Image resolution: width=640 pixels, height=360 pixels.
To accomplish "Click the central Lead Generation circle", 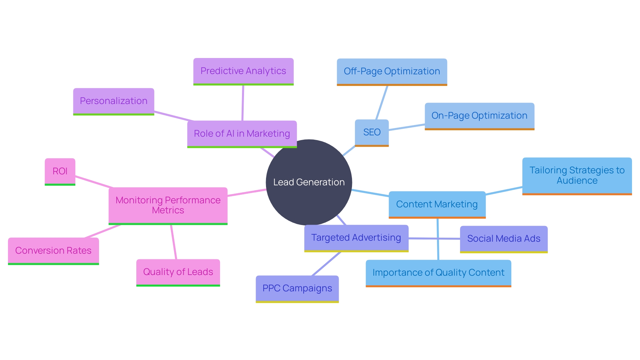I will coord(309,182).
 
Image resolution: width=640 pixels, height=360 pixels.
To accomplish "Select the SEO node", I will coord(372,132).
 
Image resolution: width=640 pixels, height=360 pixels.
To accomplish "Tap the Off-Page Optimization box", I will coord(392,71).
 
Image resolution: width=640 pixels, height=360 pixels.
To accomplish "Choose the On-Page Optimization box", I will coord(479,116).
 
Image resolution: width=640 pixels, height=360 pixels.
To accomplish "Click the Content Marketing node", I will coord(437,204).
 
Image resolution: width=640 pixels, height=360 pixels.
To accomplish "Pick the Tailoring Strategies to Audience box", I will coord(577,175).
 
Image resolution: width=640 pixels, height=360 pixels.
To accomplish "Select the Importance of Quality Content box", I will coord(438,273).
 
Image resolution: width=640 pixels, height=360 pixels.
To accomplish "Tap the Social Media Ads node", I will coord(503,239).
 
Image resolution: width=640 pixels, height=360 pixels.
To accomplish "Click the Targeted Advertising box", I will coord(356,238).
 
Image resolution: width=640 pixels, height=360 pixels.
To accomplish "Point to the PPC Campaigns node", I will coord(297,288).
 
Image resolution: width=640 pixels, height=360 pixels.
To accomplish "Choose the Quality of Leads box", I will coord(178,272).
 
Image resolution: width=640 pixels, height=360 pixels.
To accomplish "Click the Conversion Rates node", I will coord(53,251).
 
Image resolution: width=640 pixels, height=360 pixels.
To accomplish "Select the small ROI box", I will coord(60,171).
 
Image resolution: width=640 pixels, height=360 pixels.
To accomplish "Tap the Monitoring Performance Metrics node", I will coord(168,205).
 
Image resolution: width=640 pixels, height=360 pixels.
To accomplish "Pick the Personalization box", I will coord(113,101).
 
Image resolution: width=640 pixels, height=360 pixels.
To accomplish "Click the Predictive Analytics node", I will coord(243,71).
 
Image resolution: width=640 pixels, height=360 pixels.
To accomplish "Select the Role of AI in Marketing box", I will coord(242,134).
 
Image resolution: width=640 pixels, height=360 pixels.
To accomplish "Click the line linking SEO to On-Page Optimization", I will coord(407,127).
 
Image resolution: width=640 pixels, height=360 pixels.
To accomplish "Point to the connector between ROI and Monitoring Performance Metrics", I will coord(94,182).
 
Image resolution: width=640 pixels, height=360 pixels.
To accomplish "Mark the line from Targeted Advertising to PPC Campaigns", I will coord(326,264).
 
